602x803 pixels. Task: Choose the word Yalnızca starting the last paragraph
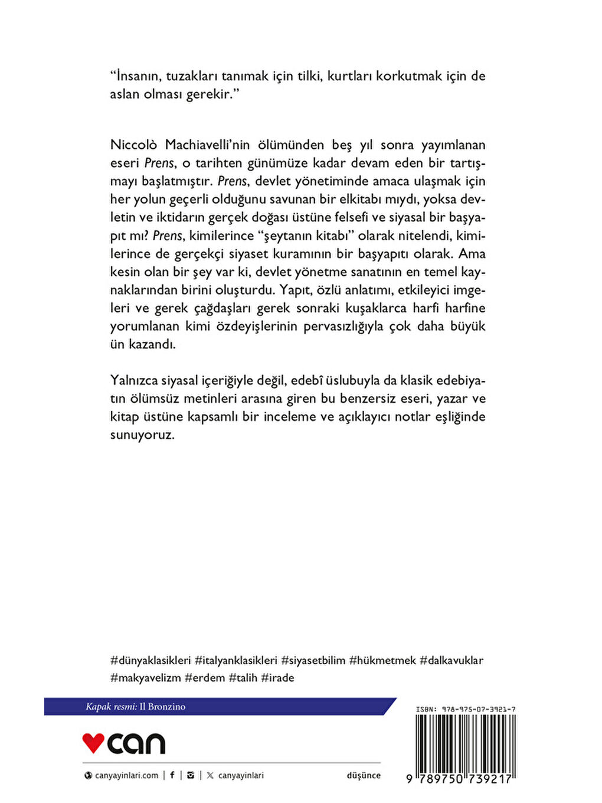[133, 381]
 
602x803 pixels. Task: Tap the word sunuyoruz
[142, 435]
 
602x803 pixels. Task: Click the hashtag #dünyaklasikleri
[150, 660]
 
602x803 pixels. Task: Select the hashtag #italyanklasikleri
[236, 660]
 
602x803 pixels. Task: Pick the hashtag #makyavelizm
[146, 678]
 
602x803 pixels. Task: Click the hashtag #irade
[277, 678]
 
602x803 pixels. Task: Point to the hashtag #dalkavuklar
[451, 660]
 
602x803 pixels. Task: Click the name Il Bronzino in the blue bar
[162, 707]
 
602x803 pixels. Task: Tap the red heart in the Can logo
[93, 742]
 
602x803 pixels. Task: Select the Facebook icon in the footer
[172, 775]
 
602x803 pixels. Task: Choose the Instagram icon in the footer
[190, 775]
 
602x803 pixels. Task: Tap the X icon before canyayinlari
[210, 775]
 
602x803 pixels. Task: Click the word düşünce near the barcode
[364, 775]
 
